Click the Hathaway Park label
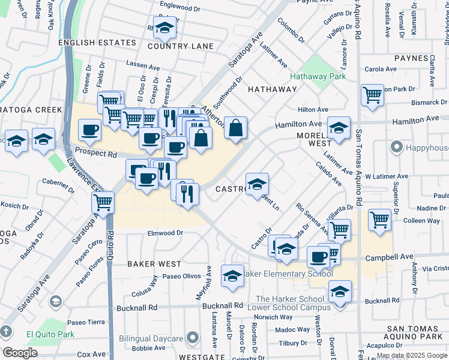318,77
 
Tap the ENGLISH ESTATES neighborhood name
97,43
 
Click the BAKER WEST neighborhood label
154,263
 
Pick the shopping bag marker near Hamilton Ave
236,127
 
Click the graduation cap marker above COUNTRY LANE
164,27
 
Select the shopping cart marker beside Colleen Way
379,220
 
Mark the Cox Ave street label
91,355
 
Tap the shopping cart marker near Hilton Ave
372,95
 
